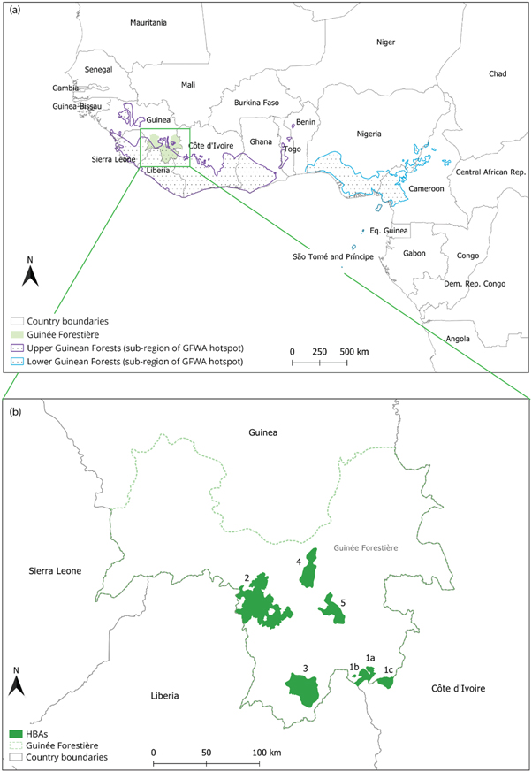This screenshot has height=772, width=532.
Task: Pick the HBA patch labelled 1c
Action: [384, 682]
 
